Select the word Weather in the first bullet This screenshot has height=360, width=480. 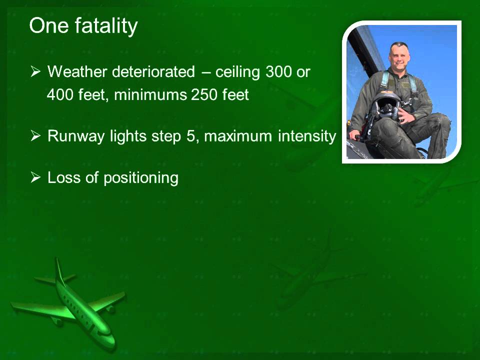click(x=77, y=72)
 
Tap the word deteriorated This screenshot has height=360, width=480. click(x=153, y=72)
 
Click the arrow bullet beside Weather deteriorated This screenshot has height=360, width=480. click(x=35, y=72)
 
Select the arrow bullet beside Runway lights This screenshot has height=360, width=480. click(x=35, y=136)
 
